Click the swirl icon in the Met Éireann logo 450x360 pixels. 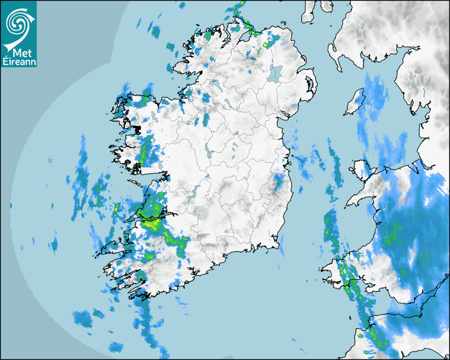point(19,22)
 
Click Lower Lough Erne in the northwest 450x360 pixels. point(214,84)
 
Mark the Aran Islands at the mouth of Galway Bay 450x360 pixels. point(134,184)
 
